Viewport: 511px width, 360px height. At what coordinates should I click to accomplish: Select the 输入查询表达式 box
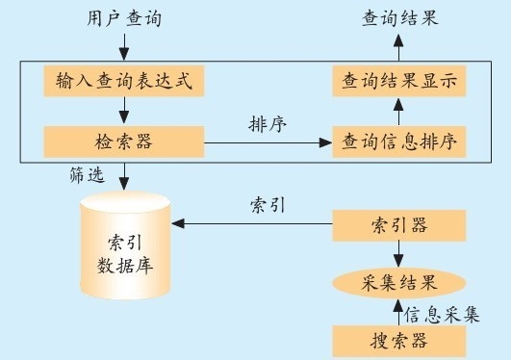tap(124, 82)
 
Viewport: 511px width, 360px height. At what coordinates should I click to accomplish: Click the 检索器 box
tap(124, 142)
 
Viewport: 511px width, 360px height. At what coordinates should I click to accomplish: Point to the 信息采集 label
tap(442, 314)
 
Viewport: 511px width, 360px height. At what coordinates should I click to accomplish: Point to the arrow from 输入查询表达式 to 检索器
tap(124, 112)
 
